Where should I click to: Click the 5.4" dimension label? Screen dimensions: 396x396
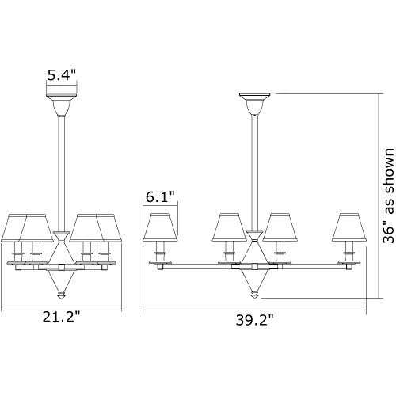click(62, 75)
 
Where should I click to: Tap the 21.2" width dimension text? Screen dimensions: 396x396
click(61, 317)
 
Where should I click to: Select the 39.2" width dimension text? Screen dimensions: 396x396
click(254, 320)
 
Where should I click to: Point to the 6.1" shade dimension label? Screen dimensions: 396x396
click(160, 196)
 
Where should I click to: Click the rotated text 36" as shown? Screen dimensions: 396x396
click(388, 196)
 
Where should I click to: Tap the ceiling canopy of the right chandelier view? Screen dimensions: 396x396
click(254, 105)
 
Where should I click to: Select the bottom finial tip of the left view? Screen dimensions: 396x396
click(61, 299)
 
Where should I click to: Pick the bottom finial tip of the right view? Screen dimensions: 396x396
click(254, 298)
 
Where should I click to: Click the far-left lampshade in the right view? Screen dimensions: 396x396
click(160, 227)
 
